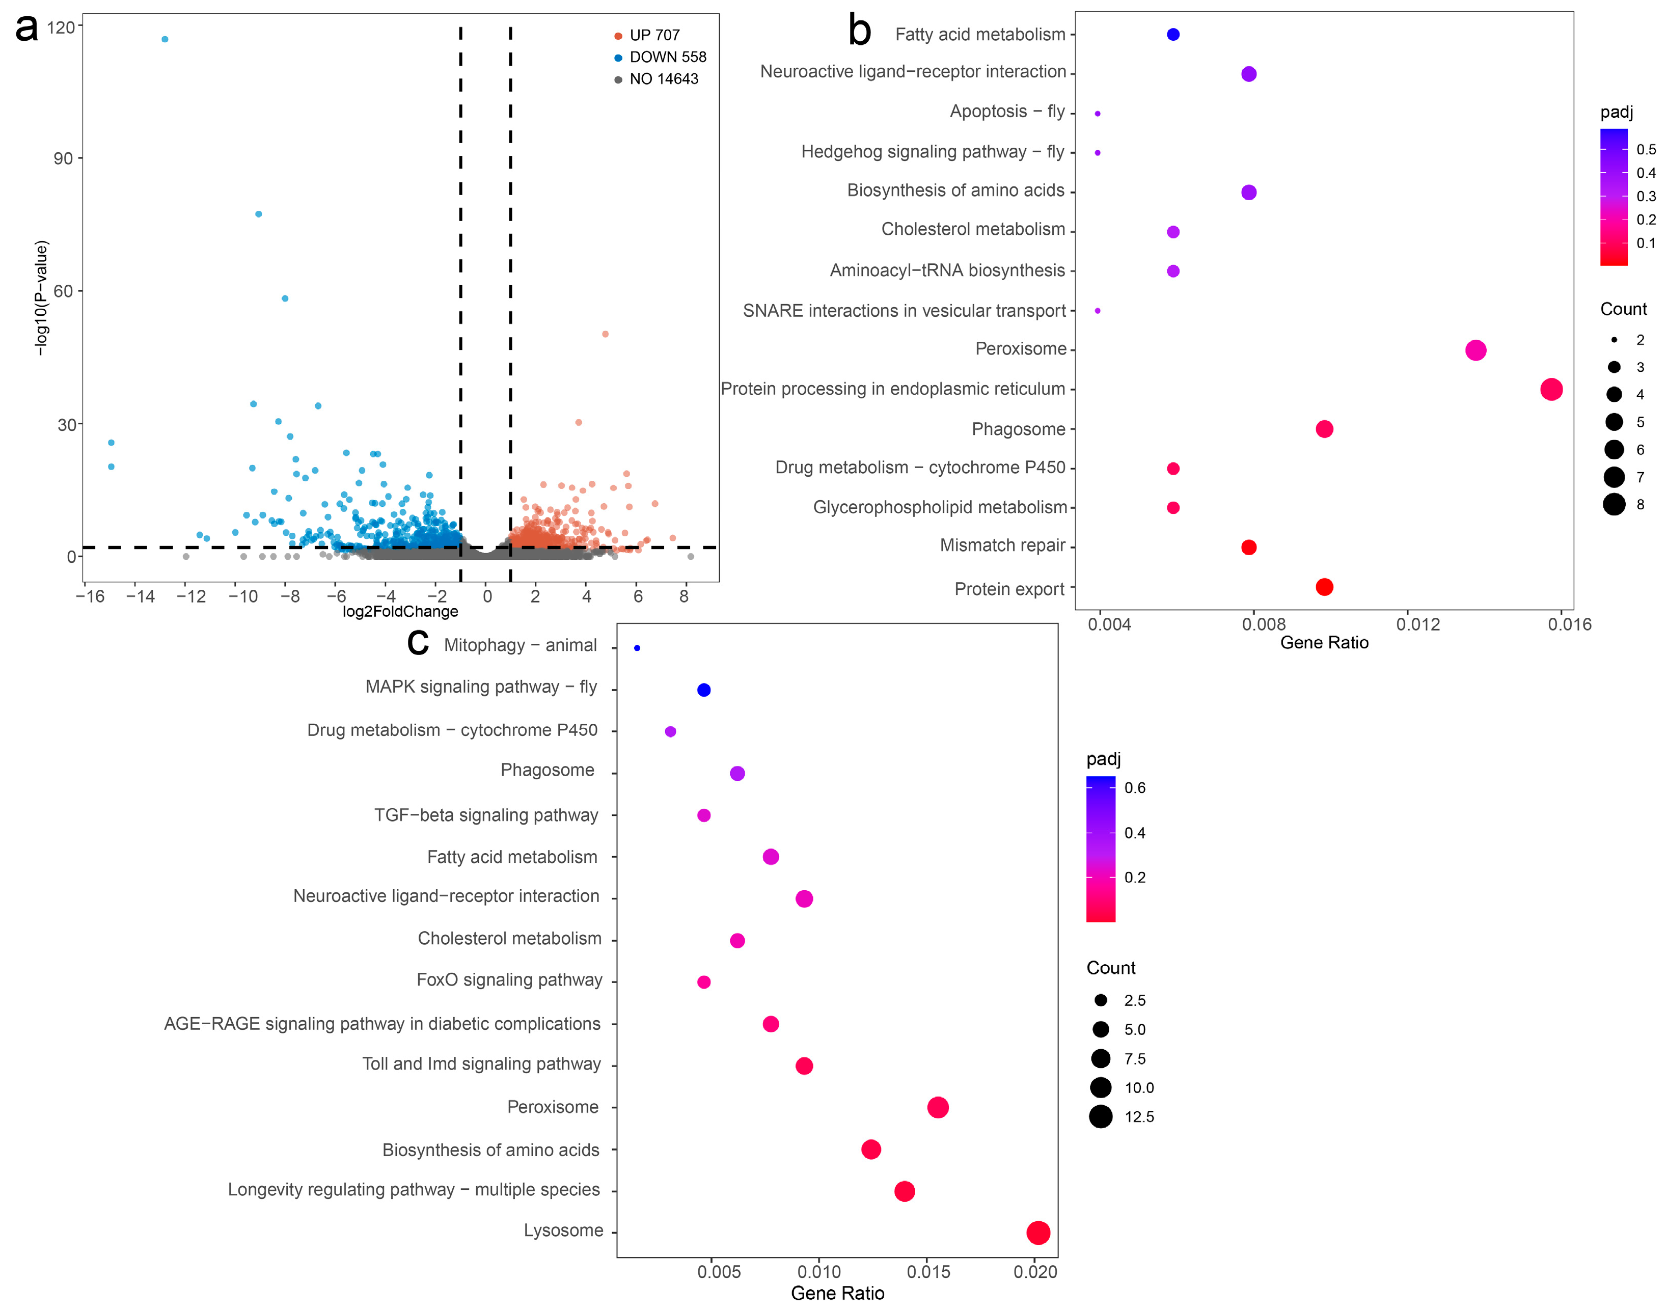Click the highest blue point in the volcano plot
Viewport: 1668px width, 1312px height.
pos(165,39)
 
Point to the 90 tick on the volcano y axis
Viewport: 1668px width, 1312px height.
pos(63,158)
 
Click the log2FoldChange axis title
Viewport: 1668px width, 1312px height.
pos(400,612)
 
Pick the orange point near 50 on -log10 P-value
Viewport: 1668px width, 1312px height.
pos(605,334)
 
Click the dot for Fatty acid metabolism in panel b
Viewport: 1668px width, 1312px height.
pos(1172,35)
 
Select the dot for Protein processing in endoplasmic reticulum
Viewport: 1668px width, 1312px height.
pos(1550,390)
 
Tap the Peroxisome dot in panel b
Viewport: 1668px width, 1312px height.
pos(1475,350)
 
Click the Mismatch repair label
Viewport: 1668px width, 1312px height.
pos(1002,545)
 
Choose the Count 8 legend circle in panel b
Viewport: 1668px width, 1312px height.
pos(1614,505)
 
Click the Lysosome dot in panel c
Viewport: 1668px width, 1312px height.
pos(1037,1233)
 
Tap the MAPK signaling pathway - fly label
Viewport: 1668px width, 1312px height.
pos(481,687)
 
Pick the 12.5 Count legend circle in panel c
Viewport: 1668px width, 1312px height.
pos(1101,1117)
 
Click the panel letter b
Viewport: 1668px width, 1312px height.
pos(859,31)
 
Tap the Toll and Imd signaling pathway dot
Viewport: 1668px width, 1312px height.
pos(804,1066)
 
